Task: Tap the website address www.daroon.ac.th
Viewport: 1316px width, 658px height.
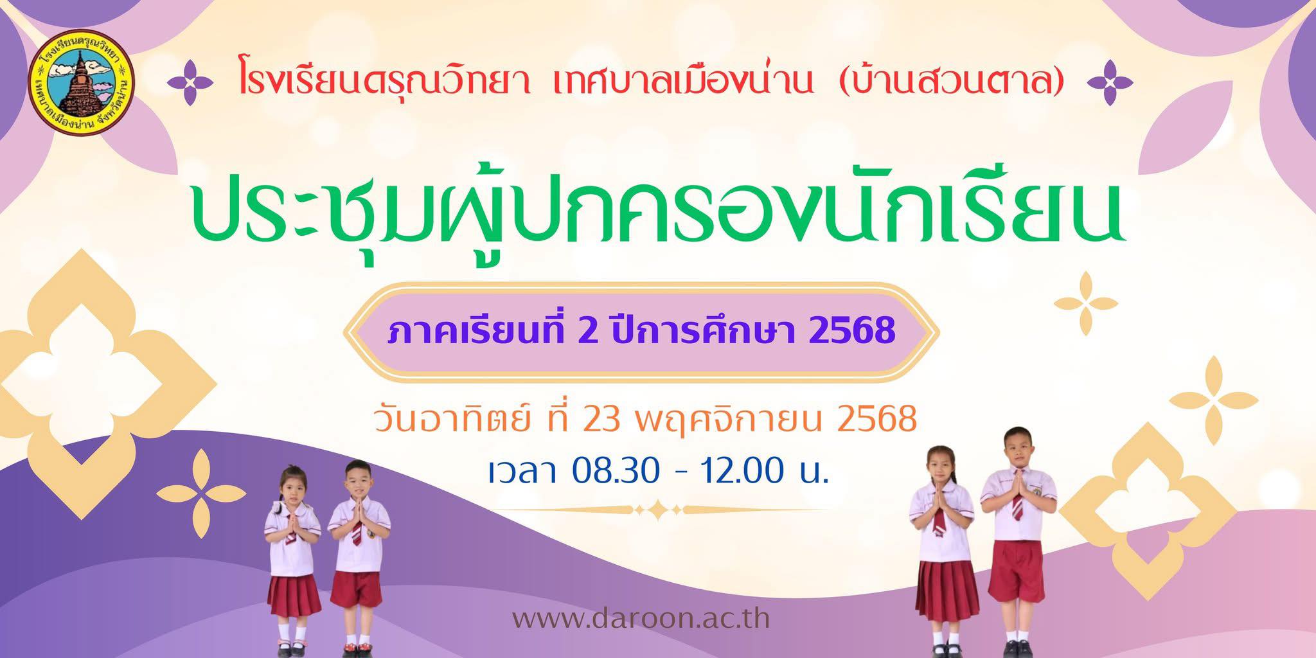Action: pos(641,619)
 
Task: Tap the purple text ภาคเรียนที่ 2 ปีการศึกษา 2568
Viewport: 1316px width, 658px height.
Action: pos(641,330)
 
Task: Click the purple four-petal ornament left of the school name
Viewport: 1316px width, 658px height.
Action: pos(190,82)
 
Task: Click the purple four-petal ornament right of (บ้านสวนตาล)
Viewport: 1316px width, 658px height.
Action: pos(1109,82)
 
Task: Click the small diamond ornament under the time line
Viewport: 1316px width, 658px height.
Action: pos(659,510)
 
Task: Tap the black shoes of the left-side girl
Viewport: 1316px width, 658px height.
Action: pos(292,644)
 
